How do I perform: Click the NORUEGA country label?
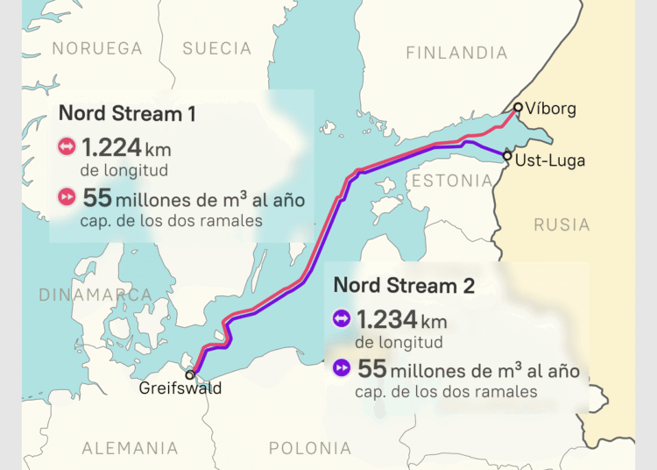coord(96,48)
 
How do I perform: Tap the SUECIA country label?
coord(217,48)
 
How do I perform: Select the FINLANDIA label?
coord(457,53)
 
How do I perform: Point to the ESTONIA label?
coord(451,182)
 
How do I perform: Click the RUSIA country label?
coord(562,224)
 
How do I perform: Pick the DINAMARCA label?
coord(95,296)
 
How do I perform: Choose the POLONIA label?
coord(310,449)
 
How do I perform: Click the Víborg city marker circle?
coord(518,108)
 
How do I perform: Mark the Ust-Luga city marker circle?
coord(507,156)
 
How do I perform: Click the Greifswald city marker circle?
coord(189,374)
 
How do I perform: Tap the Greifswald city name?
coord(180,388)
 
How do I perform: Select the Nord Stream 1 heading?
coord(127,113)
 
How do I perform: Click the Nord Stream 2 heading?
coord(403,285)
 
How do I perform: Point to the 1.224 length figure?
coord(111,146)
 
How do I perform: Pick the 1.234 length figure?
coord(386,318)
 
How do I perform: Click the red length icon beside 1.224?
coord(67,146)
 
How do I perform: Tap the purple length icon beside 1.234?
coord(341,318)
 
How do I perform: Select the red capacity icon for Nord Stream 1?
coord(67,197)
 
